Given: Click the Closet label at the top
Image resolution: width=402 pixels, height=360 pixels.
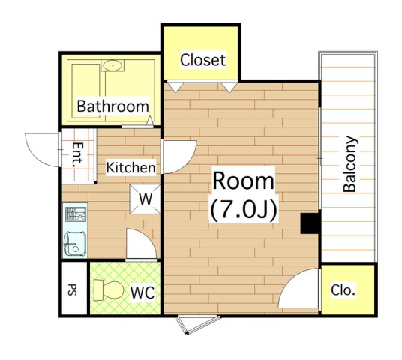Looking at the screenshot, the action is pos(202,60).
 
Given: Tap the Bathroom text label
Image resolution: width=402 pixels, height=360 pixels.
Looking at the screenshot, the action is pos(112,106).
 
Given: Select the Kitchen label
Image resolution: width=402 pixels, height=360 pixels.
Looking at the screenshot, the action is pos(130,167).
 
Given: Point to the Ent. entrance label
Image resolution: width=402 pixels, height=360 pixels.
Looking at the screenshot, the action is pos(78,154).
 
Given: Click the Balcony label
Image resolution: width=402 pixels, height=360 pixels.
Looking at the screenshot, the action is pos(349,164).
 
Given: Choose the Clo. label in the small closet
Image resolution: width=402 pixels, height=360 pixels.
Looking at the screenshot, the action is pos(343,290).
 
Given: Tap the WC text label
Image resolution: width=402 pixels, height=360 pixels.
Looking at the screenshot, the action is pos(142,292).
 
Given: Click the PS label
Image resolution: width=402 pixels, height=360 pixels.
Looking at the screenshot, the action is pos(73,289).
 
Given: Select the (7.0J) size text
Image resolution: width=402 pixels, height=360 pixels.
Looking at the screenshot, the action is pos(244,210).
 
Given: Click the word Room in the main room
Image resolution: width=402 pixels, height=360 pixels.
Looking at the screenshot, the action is pos(243,181).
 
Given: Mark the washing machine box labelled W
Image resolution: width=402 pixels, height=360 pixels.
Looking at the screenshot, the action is pos(145,199).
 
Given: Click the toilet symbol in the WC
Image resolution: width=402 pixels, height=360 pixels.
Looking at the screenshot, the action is pos(109,290).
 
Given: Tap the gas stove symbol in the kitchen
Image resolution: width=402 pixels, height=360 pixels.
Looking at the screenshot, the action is pos(76,214).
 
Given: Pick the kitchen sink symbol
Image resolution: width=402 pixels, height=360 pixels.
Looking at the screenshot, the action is pos(75,243).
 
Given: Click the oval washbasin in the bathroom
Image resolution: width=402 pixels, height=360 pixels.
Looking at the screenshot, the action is pos(112,65).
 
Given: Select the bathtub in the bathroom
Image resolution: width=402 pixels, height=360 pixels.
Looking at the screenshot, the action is pos(86,91).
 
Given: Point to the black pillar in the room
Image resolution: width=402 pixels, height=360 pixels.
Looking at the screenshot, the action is pos(310,223).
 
